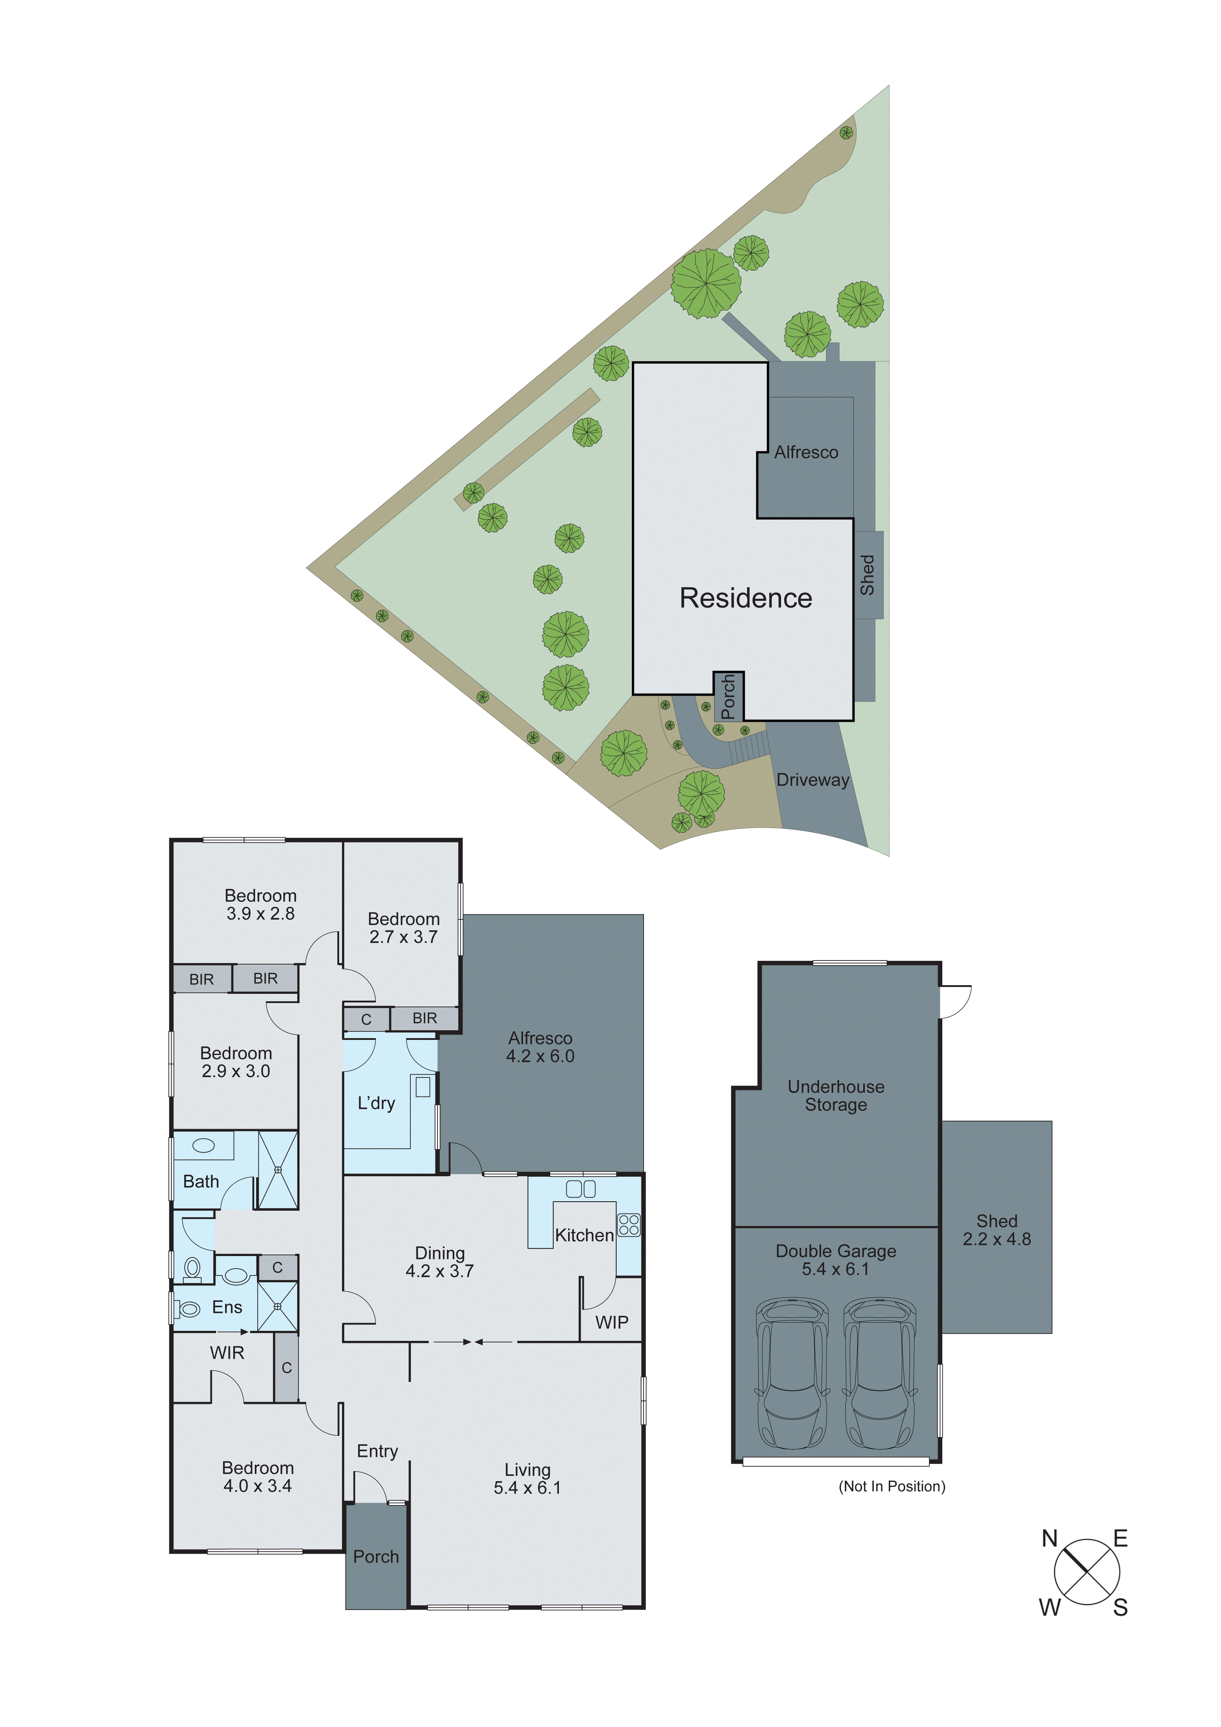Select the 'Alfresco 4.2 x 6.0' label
540,1047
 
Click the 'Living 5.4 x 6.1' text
527,1479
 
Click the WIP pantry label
611,1322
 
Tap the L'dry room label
376,1104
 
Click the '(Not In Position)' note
892,1486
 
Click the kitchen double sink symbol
580,1189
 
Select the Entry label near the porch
377,1451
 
